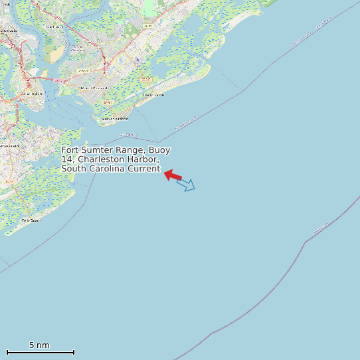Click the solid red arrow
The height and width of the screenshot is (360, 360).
(173, 175)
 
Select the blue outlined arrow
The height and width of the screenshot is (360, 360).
(186, 184)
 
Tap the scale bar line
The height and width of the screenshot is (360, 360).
(40, 352)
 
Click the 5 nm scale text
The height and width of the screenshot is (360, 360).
(39, 345)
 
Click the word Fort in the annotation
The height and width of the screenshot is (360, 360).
(70, 150)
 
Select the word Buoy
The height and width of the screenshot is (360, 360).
(159, 150)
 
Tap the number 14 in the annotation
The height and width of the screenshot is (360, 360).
(66, 159)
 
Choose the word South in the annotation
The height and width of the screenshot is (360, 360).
(74, 169)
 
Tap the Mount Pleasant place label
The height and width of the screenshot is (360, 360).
(93, 88)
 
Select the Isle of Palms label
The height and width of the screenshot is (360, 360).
(154, 95)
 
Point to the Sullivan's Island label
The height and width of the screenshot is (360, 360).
(114, 120)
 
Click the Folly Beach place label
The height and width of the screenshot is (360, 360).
(31, 220)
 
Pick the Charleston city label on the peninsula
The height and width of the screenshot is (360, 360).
(33, 94)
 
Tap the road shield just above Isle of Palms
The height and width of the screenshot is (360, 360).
(147, 79)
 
